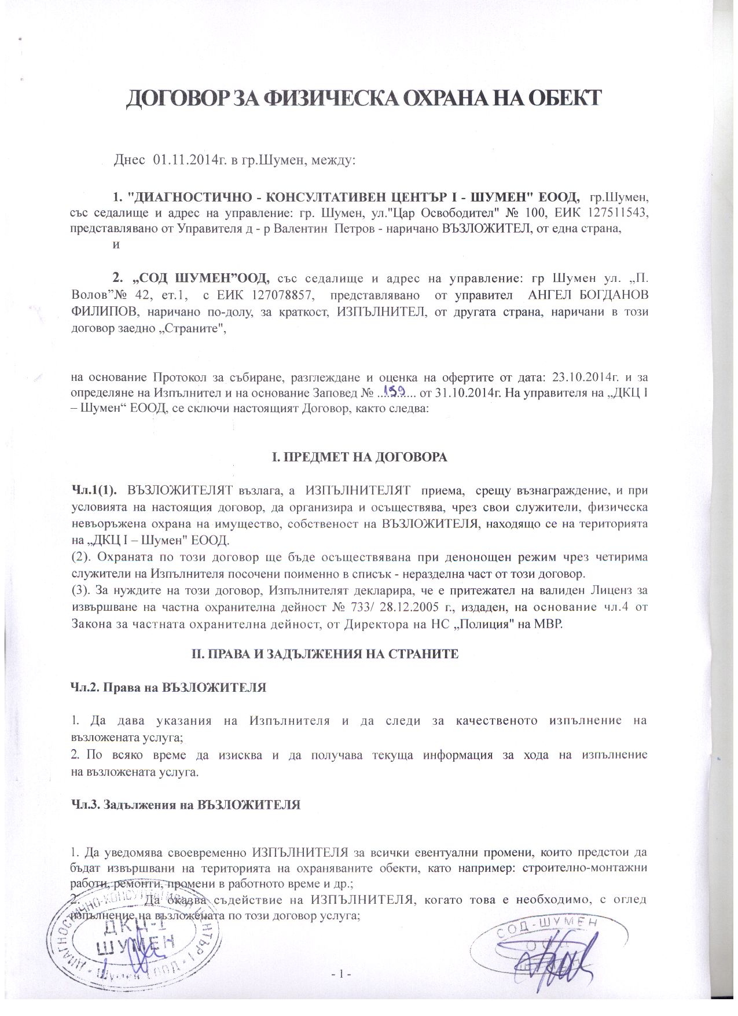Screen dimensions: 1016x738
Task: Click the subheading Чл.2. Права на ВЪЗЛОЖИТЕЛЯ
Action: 168,688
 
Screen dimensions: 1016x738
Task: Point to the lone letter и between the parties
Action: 116,244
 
